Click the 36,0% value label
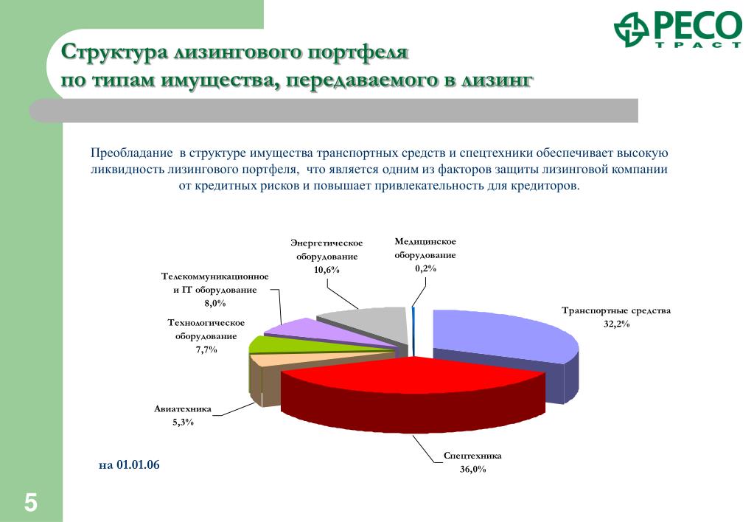472,469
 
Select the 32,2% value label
616,324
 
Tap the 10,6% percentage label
327,270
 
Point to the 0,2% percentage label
425,268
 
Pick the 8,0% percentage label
215,303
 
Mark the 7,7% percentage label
206,349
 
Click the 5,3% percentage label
183,422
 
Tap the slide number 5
30,503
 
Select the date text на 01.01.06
129,464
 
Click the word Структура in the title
115,52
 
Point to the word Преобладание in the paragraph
132,153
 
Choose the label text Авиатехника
183,409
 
